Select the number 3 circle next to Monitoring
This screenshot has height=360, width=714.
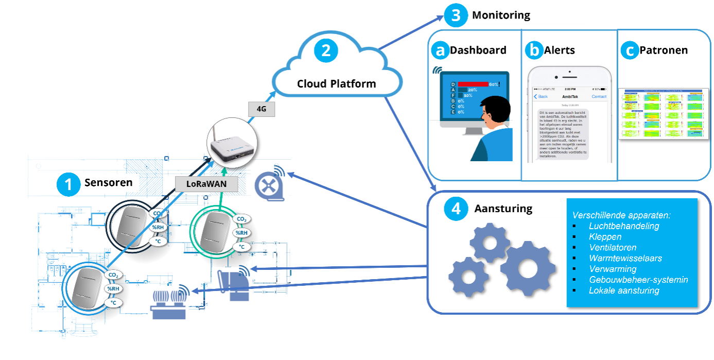tap(456, 15)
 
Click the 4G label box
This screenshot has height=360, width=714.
tap(261, 109)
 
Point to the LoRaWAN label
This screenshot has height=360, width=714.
tap(207, 184)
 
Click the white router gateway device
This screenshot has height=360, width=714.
tap(231, 146)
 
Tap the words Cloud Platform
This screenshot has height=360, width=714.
tap(336, 84)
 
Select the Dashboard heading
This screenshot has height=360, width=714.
tap(478, 50)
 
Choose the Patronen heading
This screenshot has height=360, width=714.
tap(664, 50)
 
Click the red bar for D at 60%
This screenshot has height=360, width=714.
tap(473, 84)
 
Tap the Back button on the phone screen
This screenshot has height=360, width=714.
tap(541, 96)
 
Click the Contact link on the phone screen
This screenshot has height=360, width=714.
tap(599, 96)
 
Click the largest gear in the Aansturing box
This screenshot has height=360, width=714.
tap(527, 268)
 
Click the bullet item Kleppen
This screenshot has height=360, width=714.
tap(605, 237)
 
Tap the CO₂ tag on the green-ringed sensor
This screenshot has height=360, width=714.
tap(240, 219)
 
